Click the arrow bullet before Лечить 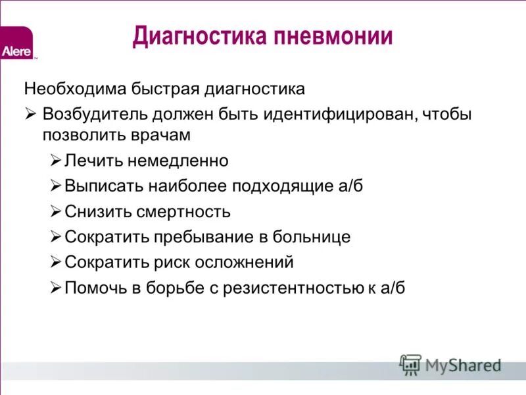[x=56, y=160]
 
